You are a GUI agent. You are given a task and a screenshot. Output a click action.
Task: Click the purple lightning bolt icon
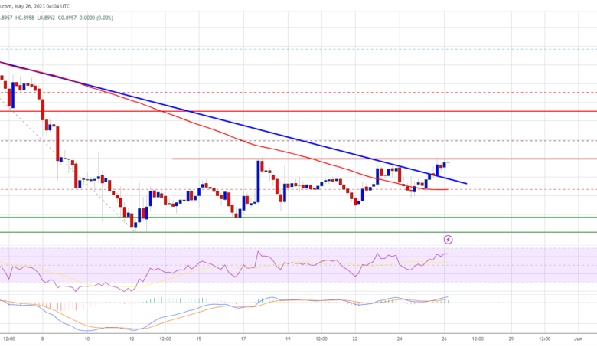click(x=449, y=240)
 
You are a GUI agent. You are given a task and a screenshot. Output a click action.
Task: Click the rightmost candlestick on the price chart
click(x=446, y=163)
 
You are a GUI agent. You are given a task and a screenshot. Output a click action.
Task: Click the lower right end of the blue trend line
click(x=467, y=184)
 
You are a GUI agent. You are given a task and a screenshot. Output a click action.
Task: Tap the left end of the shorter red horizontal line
click(x=173, y=159)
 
